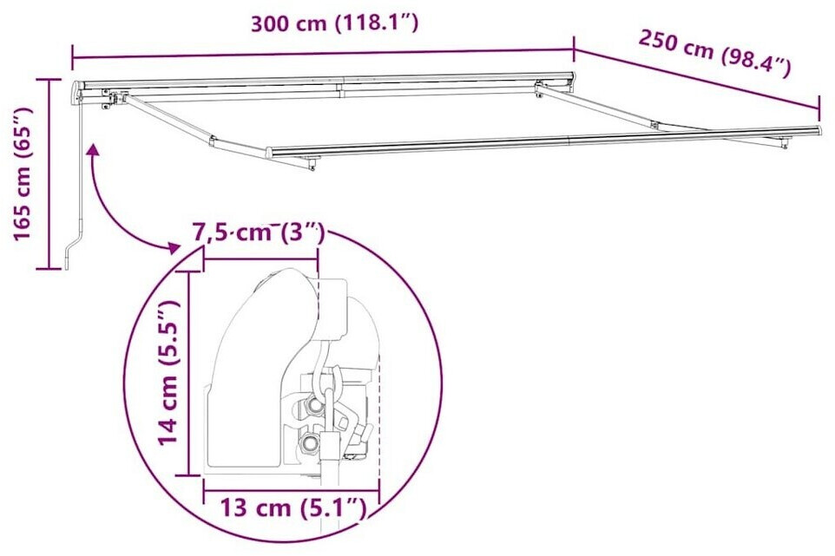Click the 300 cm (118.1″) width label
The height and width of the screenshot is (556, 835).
coord(334,23)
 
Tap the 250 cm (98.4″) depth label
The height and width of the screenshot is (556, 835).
coord(714,54)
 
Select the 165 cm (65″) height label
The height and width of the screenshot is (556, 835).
coord(23,173)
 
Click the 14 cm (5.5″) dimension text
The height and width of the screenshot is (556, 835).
coord(170,372)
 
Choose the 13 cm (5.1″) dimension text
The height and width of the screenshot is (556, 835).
coord(293,508)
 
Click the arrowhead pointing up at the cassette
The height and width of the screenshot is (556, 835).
coord(94,152)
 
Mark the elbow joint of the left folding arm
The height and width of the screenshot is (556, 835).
coord(212,141)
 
